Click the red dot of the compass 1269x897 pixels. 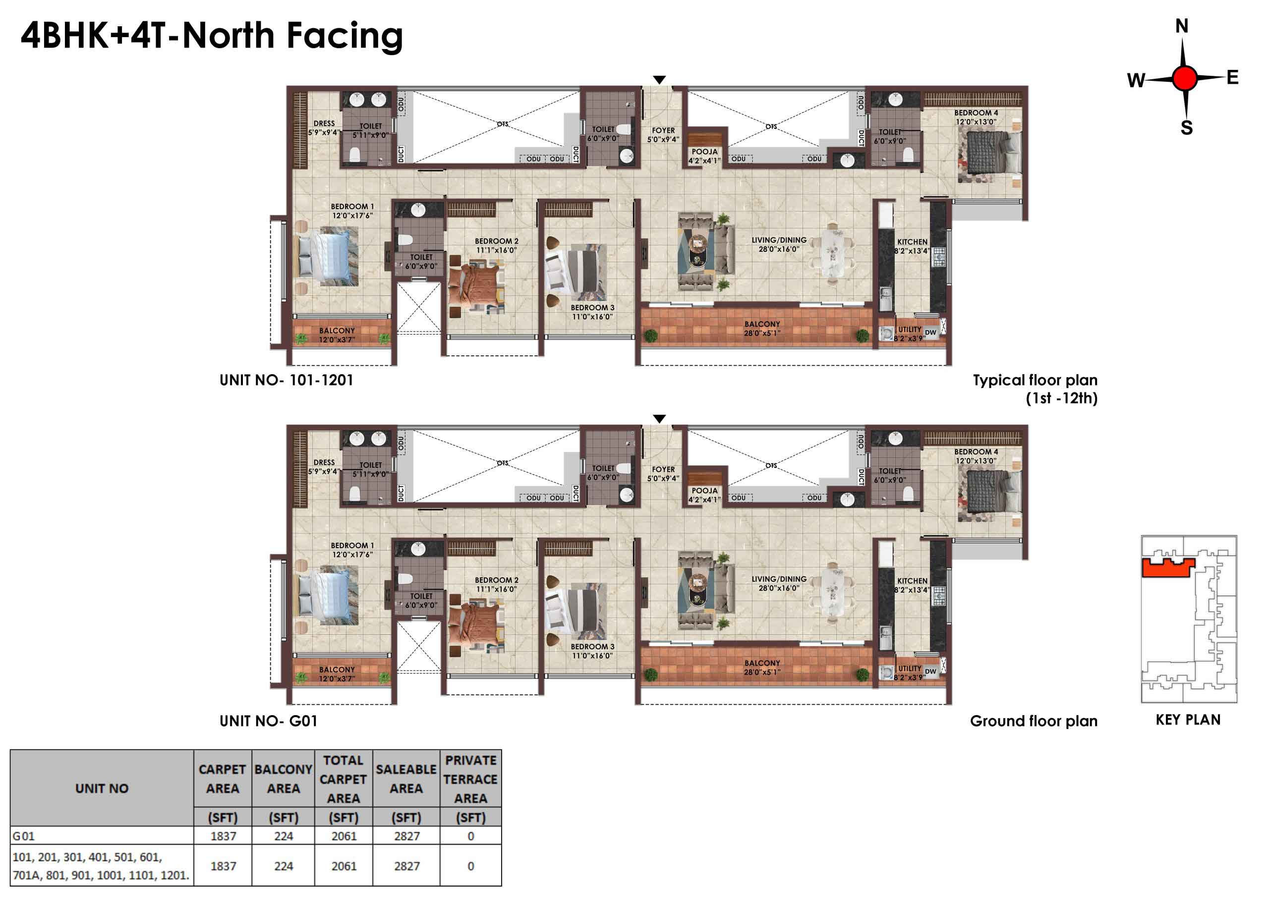(1184, 78)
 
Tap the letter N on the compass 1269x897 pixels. (1182, 26)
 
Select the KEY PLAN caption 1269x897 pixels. (1188, 720)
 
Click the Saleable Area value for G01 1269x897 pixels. (407, 836)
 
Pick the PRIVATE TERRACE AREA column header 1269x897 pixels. (470, 779)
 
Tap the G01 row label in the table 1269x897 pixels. (23, 836)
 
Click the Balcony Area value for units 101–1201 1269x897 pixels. (284, 866)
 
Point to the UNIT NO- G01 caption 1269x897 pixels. (269, 721)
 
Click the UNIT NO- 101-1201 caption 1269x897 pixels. (287, 380)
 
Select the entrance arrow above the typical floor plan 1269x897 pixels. (659, 80)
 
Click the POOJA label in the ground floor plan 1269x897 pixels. (705, 491)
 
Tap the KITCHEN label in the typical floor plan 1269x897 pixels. (913, 242)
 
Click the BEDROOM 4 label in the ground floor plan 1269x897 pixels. (976, 451)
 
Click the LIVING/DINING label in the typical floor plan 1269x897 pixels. (779, 240)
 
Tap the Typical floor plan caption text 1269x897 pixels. (1035, 380)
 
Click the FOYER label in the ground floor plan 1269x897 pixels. (663, 469)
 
